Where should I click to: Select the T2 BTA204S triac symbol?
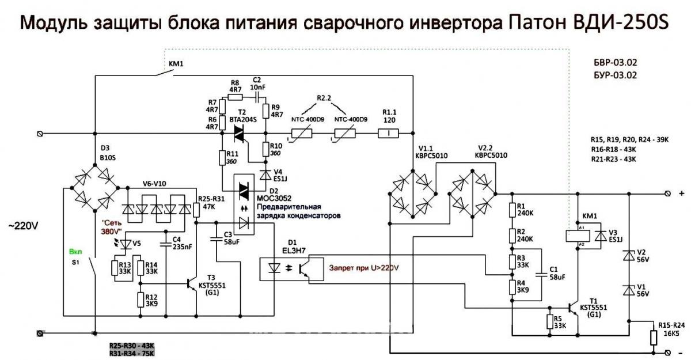[238, 134]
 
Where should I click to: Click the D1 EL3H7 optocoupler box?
[287, 268]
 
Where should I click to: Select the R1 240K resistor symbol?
[511, 211]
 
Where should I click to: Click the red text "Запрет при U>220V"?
[363, 268]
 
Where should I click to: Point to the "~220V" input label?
[23, 226]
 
